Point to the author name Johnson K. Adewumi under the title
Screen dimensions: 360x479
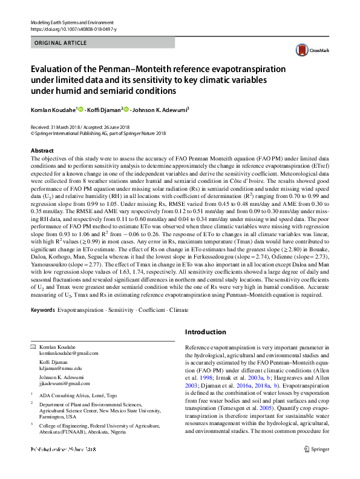pos(160,110)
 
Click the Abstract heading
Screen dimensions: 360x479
pos(42,150)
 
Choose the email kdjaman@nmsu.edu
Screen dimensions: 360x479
pos(61,368)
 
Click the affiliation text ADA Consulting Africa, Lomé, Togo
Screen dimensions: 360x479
pos(79,394)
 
